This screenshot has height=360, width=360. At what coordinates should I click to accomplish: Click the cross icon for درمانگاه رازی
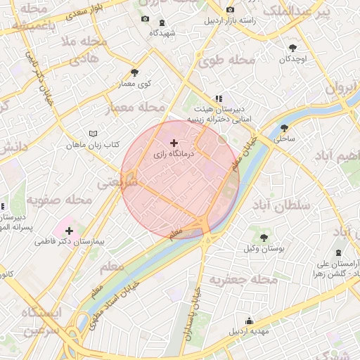click(x=174, y=143)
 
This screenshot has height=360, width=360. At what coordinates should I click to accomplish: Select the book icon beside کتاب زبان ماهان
click(x=92, y=134)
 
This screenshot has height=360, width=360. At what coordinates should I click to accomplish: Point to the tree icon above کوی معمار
click(x=135, y=72)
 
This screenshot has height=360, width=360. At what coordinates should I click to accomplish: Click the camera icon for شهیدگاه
click(x=145, y=20)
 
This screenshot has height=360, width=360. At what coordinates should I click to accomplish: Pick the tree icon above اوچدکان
click(x=292, y=48)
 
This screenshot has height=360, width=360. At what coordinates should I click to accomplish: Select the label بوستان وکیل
click(x=264, y=249)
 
